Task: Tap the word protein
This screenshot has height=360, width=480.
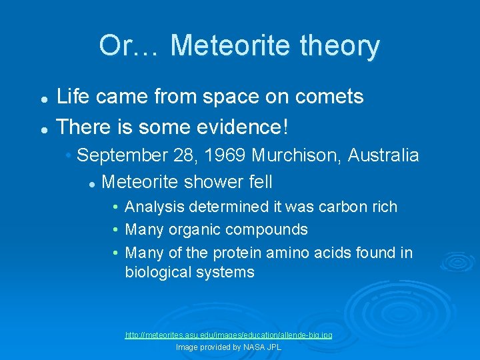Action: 237,253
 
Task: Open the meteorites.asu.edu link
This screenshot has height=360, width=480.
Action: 229,335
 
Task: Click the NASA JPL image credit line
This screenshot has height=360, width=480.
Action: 229,347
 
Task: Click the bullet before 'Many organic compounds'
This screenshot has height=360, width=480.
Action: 116,230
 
